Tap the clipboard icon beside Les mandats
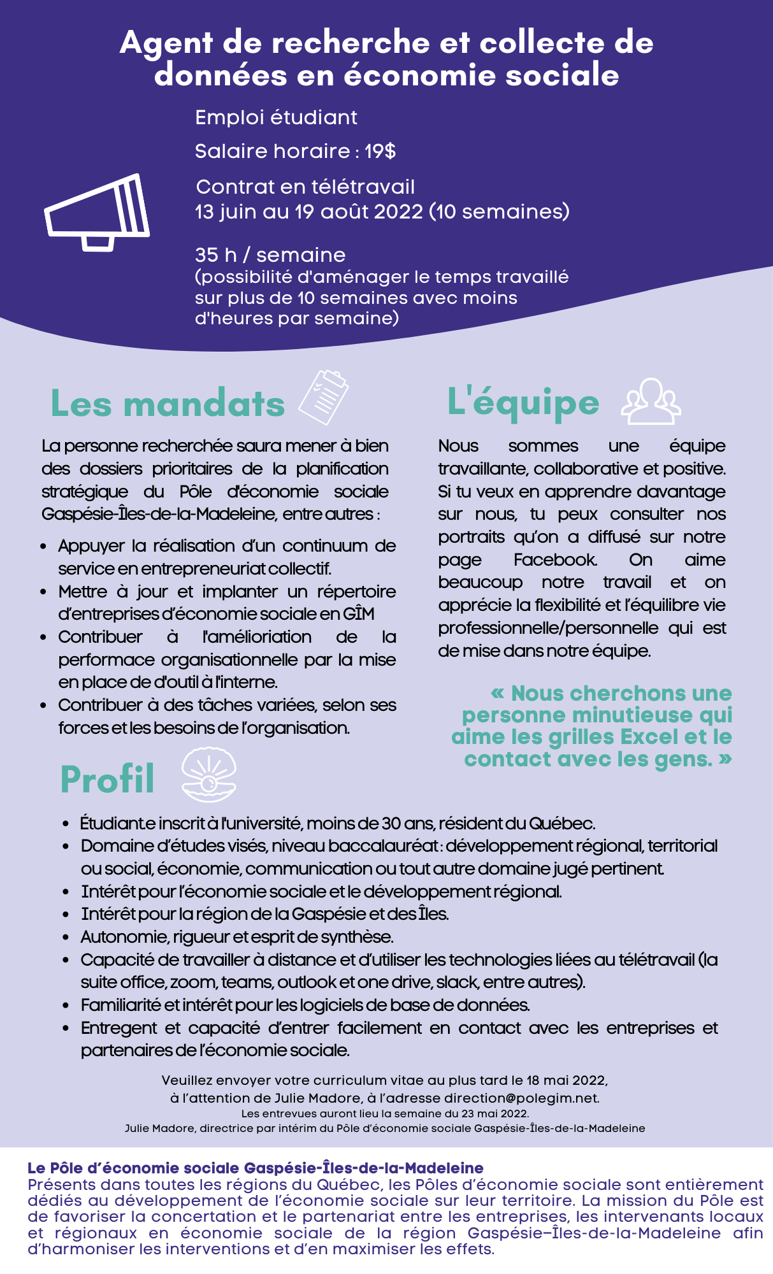coord(324,397)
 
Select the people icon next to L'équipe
coord(651,401)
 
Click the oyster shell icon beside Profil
coord(209,775)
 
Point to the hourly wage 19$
coord(380,152)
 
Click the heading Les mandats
coord(168,404)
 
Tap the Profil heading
coord(108,779)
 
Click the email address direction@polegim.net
coord(521,1098)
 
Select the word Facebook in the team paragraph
coord(555,560)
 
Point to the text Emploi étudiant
coord(276,117)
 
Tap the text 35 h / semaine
coord(270,255)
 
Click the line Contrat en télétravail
coord(305,187)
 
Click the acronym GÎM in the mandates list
coord(359,614)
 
